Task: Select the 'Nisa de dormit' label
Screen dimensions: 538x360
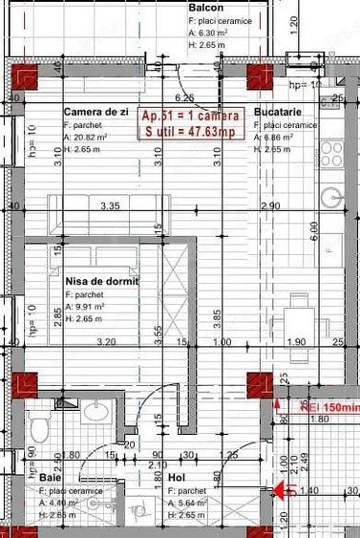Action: point(101,282)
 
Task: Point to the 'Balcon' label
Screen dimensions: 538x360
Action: point(205,6)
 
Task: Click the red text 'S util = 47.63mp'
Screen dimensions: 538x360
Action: point(191,131)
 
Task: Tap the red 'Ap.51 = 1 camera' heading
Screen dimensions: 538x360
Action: point(191,116)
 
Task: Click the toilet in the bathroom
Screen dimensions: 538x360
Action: point(39,424)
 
